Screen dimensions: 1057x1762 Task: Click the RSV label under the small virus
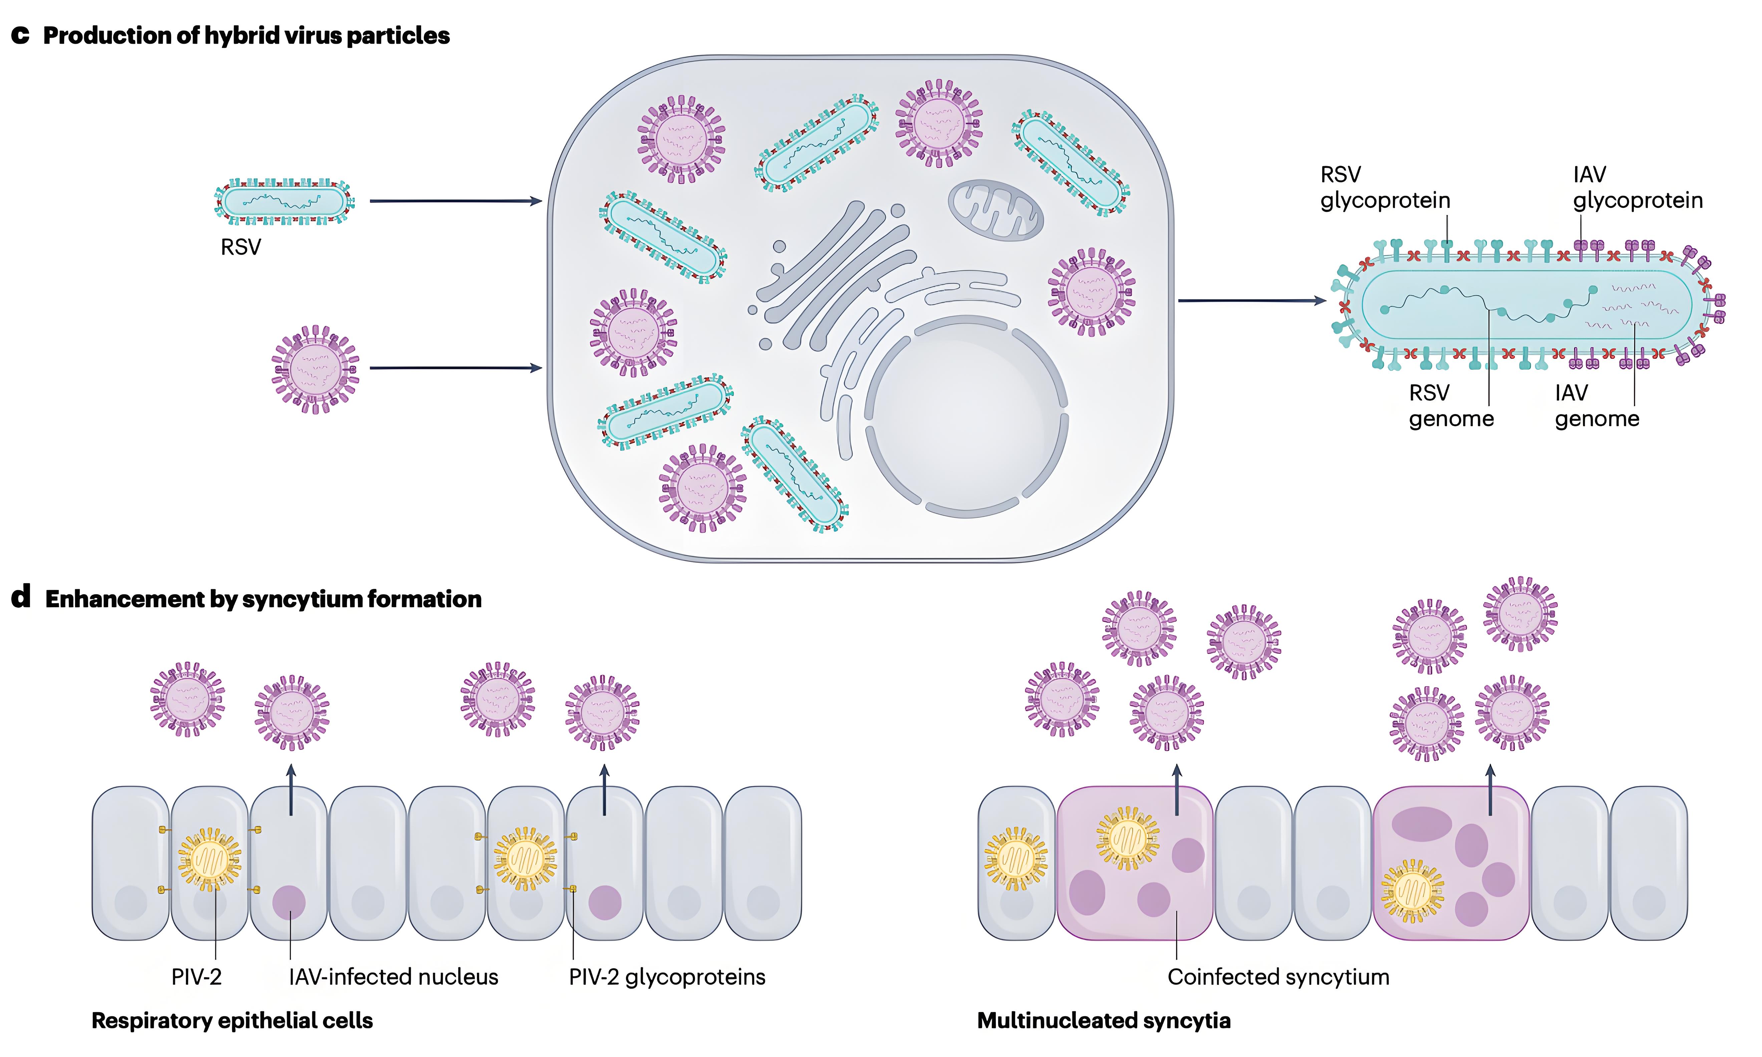(241, 247)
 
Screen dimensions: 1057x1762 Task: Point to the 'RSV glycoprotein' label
(1385, 187)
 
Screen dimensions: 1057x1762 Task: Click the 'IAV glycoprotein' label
(1638, 187)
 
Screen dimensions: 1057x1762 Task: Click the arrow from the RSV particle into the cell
(456, 202)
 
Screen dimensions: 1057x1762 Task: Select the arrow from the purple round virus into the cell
(456, 368)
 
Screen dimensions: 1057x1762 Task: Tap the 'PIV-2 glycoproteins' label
(667, 977)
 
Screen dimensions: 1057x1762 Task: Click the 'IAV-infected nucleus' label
(393, 977)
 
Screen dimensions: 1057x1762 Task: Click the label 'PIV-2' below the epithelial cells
(197, 977)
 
